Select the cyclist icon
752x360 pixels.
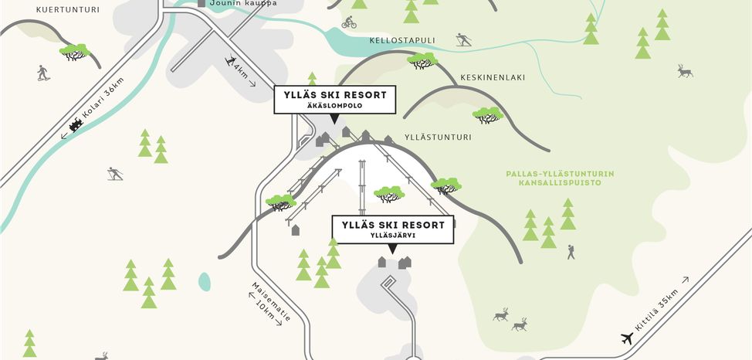pos(349,22)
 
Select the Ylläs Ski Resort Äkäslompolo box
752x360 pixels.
pos(335,100)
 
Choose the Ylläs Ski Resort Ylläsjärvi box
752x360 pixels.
pos(393,229)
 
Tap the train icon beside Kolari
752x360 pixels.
pos(76,125)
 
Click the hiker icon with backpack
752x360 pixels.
pos(571,251)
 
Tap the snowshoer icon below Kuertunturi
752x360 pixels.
pos(42,73)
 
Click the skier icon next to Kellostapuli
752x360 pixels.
pos(463,40)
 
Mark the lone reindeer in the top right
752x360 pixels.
pos(685,71)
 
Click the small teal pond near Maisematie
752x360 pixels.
pos(204,281)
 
